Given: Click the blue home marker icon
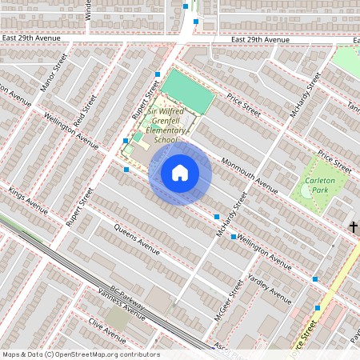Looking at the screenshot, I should click(180, 173).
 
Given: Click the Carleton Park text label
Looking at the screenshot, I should click(325, 186).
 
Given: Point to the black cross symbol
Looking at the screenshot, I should click(353, 227).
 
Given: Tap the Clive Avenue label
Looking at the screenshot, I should click(107, 326).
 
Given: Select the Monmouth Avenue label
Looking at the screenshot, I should click(249, 175).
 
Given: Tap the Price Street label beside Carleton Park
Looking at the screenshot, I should click(334, 161).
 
